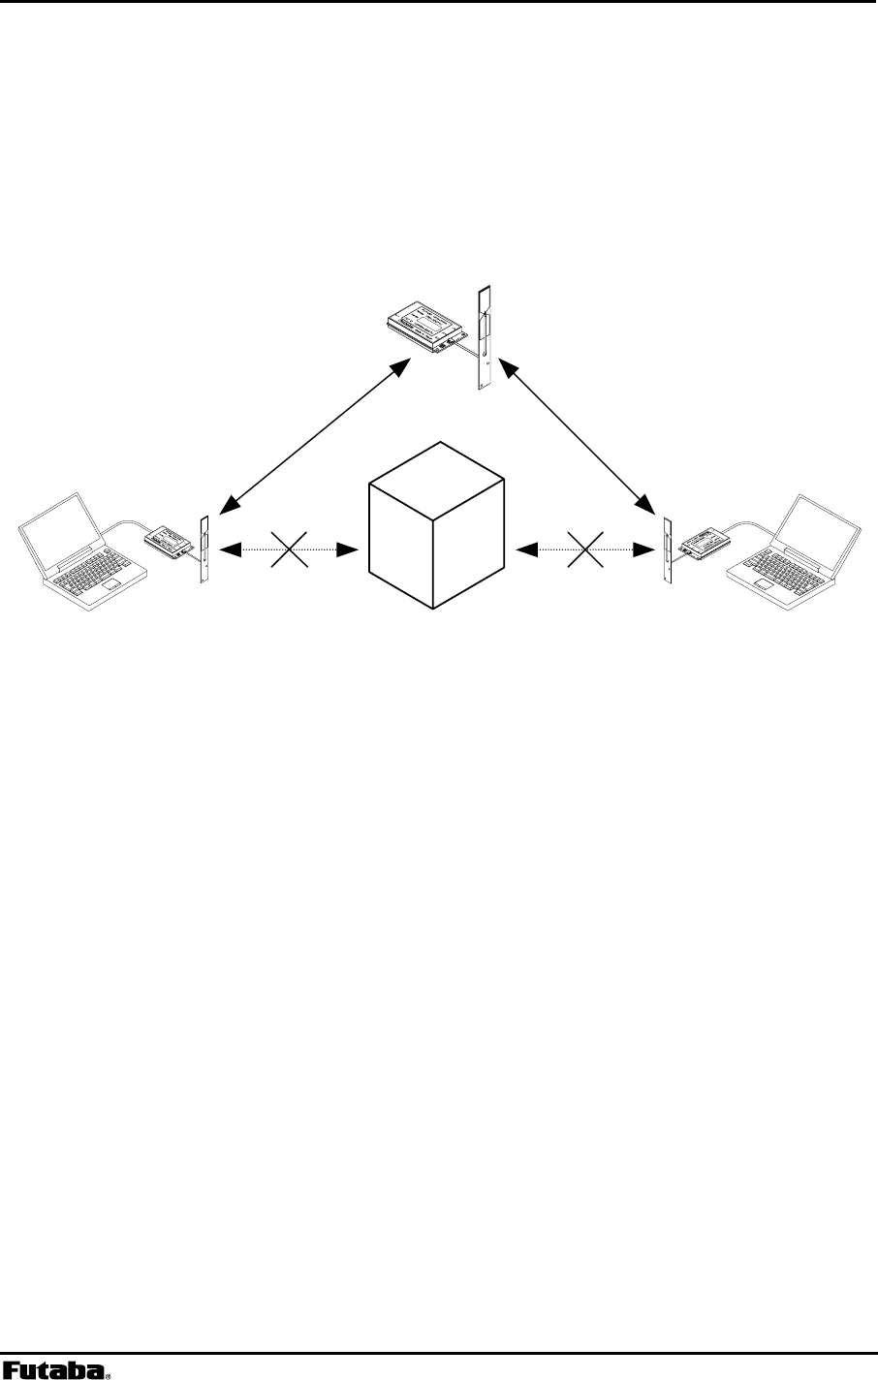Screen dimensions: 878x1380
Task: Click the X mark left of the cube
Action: (290, 550)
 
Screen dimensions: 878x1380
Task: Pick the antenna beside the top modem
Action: (485, 337)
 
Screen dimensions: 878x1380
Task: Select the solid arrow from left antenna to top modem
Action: (315, 435)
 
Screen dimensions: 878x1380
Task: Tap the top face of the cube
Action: (437, 473)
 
